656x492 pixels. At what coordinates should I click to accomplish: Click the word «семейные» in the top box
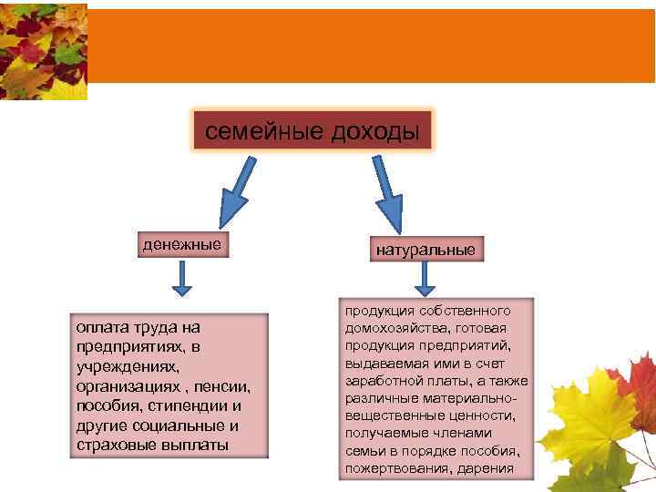pyautogui.click(x=251, y=132)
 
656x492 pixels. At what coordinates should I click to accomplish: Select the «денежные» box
pyautogui.click(x=181, y=244)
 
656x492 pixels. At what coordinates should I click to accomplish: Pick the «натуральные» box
pyautogui.click(x=425, y=249)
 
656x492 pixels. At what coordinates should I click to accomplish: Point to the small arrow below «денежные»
pyautogui.click(x=182, y=279)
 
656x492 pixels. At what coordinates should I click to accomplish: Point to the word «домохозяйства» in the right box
pyautogui.click(x=393, y=327)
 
